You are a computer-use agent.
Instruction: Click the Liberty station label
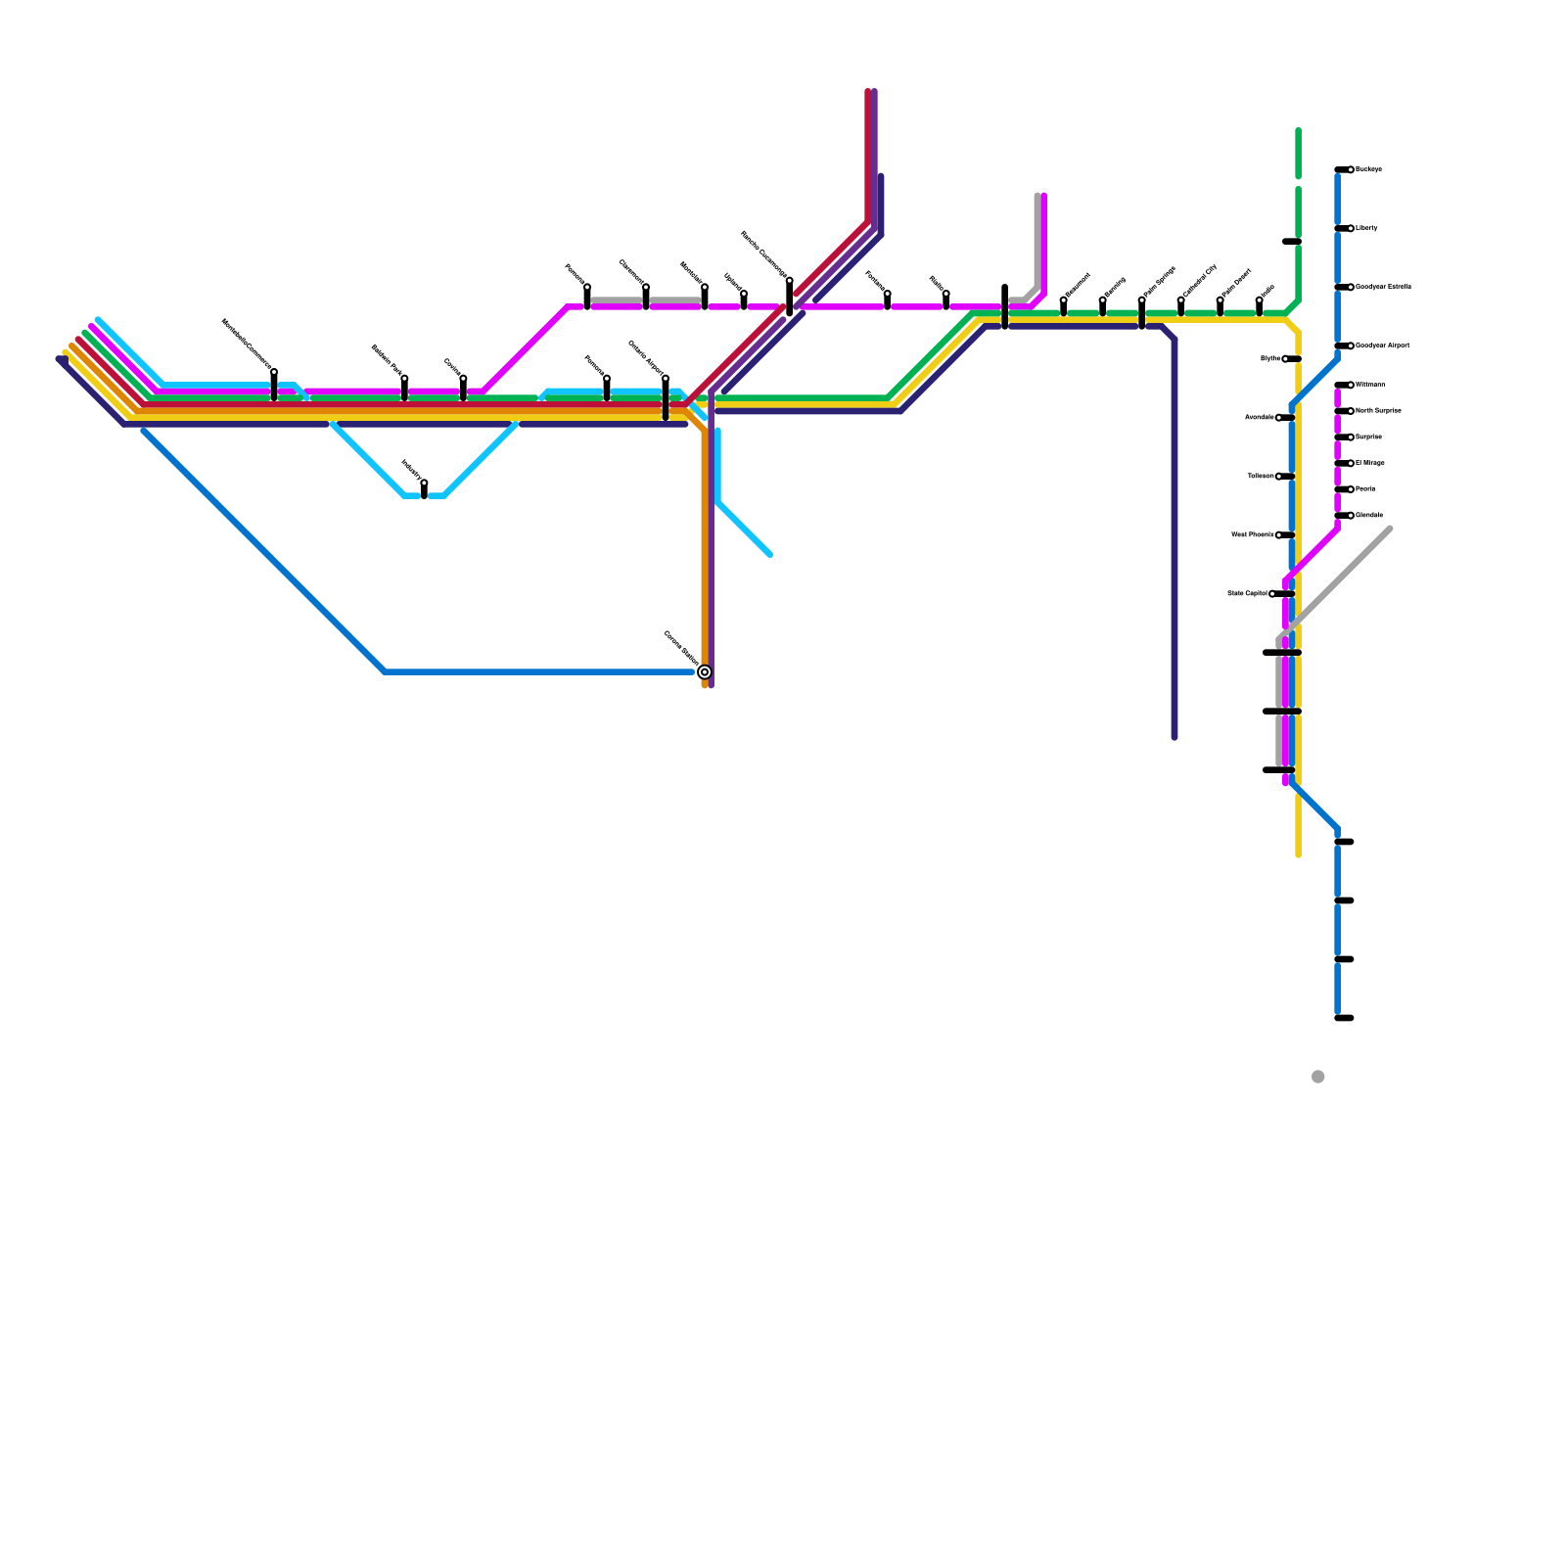pos(1367,228)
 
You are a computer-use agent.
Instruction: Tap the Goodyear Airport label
pos(1383,345)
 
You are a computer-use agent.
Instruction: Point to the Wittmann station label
pos(1371,385)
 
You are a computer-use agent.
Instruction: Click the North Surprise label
pos(1379,411)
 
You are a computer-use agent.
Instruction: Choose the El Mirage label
pos(1370,463)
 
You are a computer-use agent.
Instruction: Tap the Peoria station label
pos(1366,488)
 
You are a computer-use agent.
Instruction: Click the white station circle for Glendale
pos(1351,515)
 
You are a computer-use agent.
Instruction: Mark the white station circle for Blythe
pos(1285,359)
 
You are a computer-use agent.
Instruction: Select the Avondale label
pos(1259,418)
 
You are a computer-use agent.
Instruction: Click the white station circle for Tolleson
pos(1279,477)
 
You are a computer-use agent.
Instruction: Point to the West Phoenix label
pos(1253,535)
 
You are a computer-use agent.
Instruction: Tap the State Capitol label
pos(1247,594)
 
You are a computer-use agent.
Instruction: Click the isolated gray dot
pos(1318,1077)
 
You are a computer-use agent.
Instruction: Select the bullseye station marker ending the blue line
pos(705,671)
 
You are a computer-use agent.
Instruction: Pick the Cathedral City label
pos(1199,281)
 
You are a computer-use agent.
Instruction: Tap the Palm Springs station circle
pos(1142,300)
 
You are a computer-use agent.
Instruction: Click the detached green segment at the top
pos(1298,154)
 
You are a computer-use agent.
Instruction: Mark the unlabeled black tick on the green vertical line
pos(1292,242)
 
